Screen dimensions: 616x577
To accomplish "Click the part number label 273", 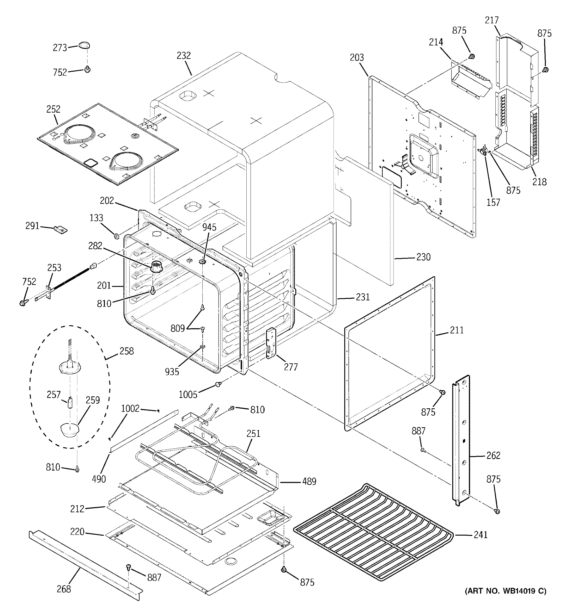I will pos(60,47).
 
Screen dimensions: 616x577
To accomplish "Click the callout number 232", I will pos(184,56).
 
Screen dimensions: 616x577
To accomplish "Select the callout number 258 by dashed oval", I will pos(127,351).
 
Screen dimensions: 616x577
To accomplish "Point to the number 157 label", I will pos(493,202).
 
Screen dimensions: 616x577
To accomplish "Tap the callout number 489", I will pos(309,481).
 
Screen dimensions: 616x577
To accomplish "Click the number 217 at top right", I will pos(491,20).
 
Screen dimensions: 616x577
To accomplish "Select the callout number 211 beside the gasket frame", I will pos(457,330).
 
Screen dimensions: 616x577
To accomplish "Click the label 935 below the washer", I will pos(172,372).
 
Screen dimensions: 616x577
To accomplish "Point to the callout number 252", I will pos(53,109).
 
